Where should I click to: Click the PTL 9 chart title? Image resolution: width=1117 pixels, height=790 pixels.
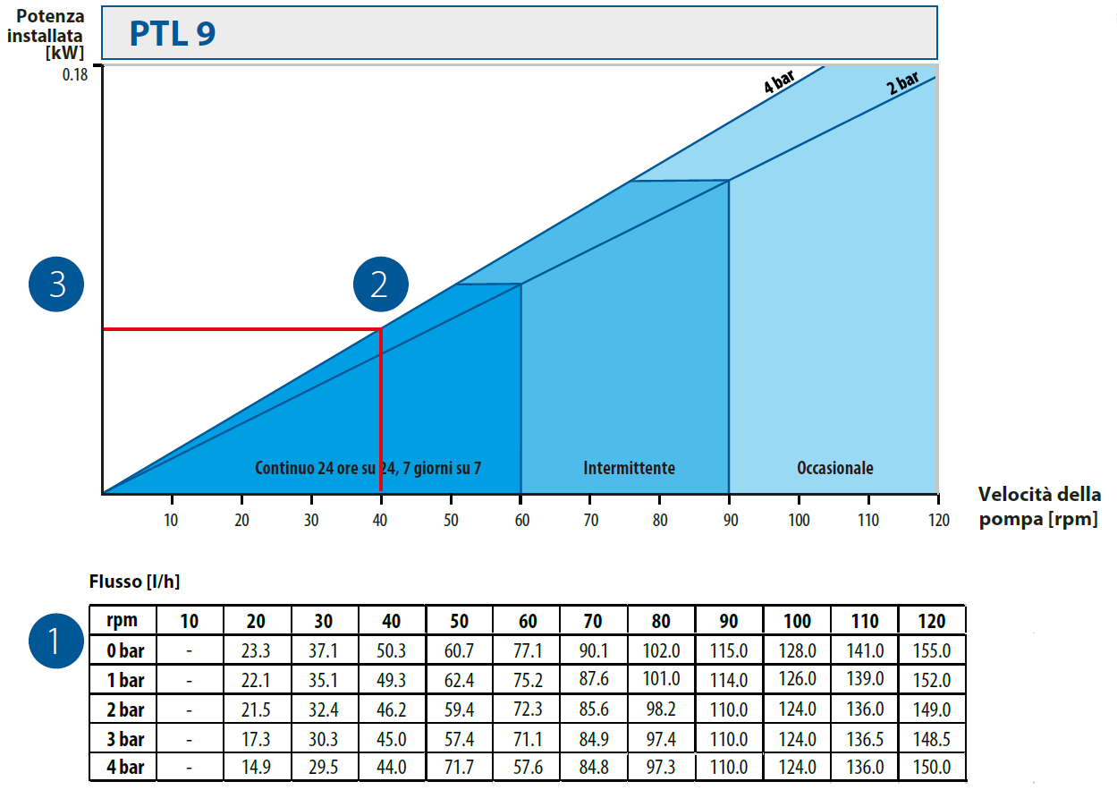(x=173, y=34)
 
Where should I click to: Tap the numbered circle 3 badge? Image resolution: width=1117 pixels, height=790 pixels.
(x=57, y=285)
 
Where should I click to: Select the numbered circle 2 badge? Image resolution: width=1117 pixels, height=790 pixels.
(x=380, y=285)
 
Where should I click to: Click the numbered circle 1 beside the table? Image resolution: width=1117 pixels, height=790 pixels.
(x=55, y=641)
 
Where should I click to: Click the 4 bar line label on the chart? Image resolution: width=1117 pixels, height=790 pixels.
(x=778, y=83)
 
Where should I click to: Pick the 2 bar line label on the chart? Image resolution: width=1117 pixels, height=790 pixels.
(x=902, y=84)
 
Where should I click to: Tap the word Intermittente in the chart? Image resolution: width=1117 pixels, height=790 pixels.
(x=629, y=468)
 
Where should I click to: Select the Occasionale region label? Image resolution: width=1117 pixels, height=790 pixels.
(x=834, y=468)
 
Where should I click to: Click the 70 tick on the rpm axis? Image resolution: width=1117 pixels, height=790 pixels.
(x=590, y=520)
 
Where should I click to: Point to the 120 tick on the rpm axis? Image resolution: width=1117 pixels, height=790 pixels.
(x=937, y=520)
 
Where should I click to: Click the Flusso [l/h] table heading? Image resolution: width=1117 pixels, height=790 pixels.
(x=134, y=582)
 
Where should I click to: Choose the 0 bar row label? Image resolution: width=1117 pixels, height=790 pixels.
(x=124, y=650)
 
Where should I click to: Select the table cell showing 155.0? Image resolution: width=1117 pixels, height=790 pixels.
(x=932, y=650)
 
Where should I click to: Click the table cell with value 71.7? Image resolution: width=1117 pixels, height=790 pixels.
(x=459, y=767)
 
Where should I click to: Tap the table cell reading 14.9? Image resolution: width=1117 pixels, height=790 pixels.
(x=257, y=767)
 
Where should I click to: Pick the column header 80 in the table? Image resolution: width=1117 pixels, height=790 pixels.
(x=662, y=622)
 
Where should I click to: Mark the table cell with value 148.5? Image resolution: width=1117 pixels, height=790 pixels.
(x=932, y=738)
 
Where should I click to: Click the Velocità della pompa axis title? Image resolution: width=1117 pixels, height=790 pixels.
(x=1038, y=507)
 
